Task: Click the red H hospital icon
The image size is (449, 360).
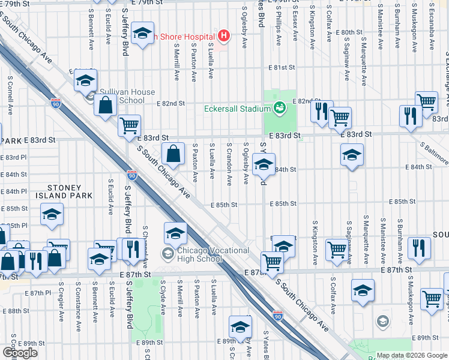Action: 224,37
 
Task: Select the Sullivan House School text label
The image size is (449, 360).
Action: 127,96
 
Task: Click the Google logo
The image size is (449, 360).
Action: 20,352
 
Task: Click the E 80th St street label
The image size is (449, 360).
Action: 349,32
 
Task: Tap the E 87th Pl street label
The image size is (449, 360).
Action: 40,293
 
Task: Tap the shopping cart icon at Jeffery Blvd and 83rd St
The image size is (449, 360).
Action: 129,126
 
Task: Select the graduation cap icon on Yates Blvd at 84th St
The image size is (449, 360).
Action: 264,166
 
